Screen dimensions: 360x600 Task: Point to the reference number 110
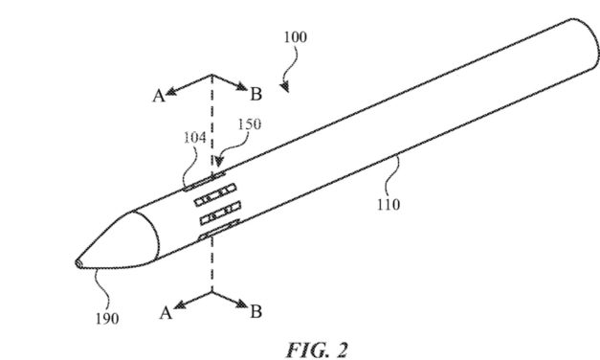pos(389,203)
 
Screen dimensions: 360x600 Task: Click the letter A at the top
pos(159,94)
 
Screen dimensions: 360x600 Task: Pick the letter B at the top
pos(256,94)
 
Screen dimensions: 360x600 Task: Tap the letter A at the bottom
pos(166,312)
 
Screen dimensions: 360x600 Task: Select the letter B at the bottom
pos(256,312)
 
